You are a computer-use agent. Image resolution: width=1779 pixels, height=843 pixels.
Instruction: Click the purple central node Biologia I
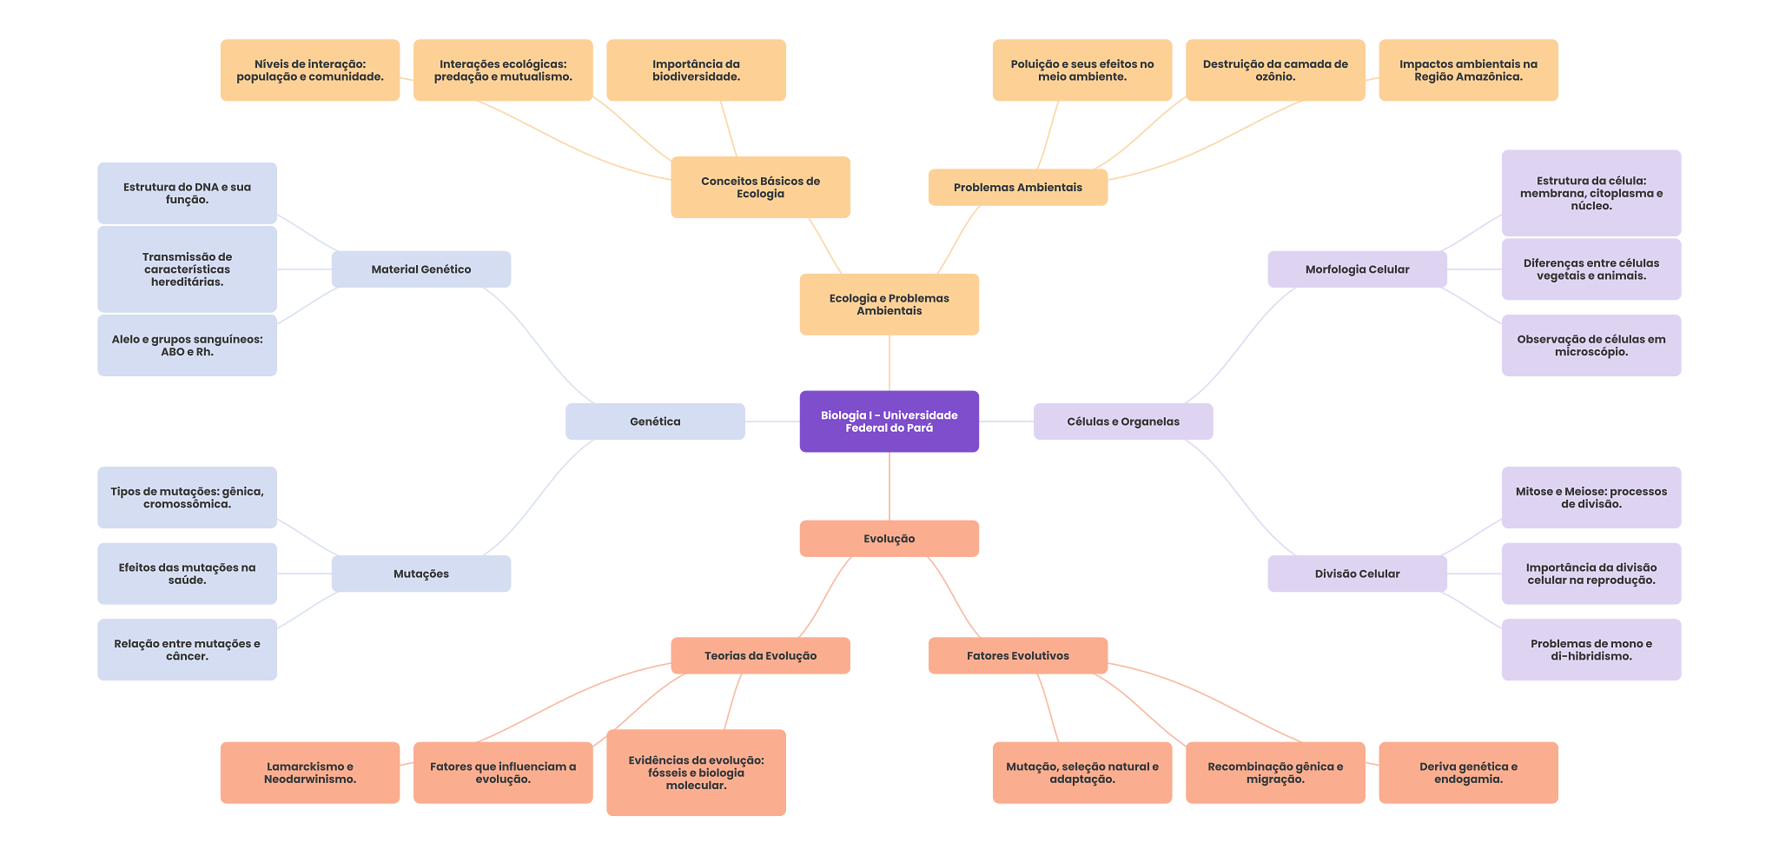pyautogui.click(x=889, y=421)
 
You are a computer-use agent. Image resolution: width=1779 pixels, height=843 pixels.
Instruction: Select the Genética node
pyautogui.click(x=655, y=421)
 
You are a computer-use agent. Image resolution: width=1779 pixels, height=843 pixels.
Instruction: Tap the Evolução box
pyautogui.click(x=889, y=539)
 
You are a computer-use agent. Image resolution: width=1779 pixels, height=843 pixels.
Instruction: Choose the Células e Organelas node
pyautogui.click(x=1123, y=421)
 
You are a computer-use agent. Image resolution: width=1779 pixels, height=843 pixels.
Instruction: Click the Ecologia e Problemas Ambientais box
pyautogui.click(x=889, y=304)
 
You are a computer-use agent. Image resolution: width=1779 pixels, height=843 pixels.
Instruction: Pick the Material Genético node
pyautogui.click(x=421, y=269)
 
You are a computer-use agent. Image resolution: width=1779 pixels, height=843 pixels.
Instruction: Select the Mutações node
pyautogui.click(x=421, y=574)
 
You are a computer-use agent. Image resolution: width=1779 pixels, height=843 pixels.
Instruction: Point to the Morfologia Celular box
pyautogui.click(x=1357, y=269)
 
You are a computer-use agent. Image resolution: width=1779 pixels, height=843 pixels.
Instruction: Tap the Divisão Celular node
pyautogui.click(x=1357, y=574)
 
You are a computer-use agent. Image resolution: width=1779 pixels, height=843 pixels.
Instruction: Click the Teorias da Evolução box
pyautogui.click(x=760, y=656)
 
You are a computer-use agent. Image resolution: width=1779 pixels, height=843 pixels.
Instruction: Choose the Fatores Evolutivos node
pyautogui.click(x=1017, y=656)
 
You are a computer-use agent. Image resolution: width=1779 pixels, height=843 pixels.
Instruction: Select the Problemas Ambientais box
pyautogui.click(x=1017, y=188)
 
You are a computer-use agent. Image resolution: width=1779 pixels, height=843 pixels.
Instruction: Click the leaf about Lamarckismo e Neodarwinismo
pyautogui.click(x=310, y=773)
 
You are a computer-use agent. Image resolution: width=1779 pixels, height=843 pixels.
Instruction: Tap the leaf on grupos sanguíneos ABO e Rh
pyautogui.click(x=187, y=345)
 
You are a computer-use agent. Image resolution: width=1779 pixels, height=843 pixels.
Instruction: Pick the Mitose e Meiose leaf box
pyautogui.click(x=1591, y=498)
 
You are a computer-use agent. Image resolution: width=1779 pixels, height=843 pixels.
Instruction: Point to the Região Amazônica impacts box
pyautogui.click(x=1468, y=70)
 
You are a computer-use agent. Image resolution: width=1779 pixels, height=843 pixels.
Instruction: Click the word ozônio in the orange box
pyautogui.click(x=1275, y=77)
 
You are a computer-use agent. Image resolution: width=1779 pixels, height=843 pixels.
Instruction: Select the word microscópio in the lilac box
pyautogui.click(x=1591, y=352)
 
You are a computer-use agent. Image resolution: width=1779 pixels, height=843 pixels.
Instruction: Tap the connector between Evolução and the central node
pyautogui.click(x=889, y=487)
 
